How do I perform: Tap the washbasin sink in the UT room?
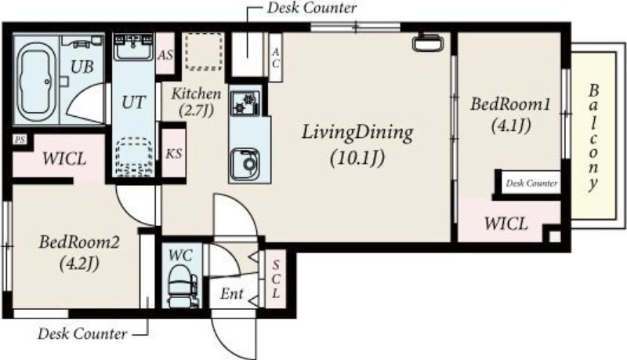[x=133, y=47]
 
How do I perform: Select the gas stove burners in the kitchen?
[x=245, y=103]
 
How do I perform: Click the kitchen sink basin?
[x=245, y=164]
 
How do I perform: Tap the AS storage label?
[x=165, y=54]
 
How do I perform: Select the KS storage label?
[x=173, y=153]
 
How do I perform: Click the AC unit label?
[x=276, y=57]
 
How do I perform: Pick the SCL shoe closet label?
[x=276, y=278]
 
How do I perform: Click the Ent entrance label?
[x=231, y=294]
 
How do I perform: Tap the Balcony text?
[x=593, y=137]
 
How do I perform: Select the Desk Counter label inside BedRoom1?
[x=531, y=184]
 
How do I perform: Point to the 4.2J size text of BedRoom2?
[x=79, y=264]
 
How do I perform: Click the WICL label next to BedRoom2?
[x=64, y=158]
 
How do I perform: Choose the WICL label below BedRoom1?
[x=506, y=224]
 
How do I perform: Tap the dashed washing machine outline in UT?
[x=133, y=157]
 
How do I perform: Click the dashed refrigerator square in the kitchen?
[x=204, y=52]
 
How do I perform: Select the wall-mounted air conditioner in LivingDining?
[x=428, y=42]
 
